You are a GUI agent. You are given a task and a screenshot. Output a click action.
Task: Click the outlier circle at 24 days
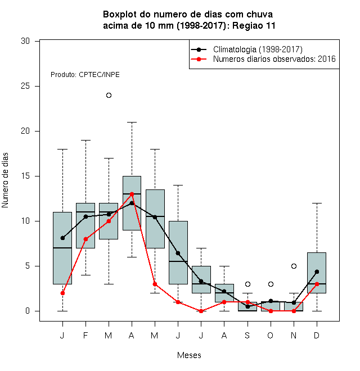click(109, 96)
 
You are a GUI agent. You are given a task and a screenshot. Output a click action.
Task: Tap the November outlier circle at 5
click(294, 266)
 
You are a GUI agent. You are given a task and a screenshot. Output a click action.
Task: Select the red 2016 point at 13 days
click(132, 194)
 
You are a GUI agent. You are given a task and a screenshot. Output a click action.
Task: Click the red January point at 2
click(62, 293)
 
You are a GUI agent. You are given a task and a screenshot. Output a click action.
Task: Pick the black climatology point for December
click(317, 272)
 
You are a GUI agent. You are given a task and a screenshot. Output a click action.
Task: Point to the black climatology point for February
click(85, 217)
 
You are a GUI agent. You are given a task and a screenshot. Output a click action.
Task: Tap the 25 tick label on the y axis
click(25, 86)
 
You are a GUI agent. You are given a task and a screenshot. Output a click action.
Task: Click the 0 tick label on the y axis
click(28, 311)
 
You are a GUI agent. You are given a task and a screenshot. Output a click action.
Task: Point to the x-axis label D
click(317, 335)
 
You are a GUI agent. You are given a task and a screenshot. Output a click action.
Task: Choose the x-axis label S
click(247, 335)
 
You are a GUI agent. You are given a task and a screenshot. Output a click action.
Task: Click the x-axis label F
click(85, 335)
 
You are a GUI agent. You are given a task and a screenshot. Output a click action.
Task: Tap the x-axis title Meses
click(189, 355)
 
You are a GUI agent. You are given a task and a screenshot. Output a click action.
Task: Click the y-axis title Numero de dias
click(5, 180)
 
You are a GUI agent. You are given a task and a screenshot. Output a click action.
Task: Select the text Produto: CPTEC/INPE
click(85, 75)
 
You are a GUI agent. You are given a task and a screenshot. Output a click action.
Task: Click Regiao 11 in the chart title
click(254, 25)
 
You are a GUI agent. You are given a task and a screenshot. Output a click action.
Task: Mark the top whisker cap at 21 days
click(132, 123)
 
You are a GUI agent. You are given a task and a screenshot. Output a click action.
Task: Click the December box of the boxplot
click(317, 273)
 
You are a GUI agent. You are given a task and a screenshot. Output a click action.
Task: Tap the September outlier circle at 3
click(247, 284)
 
